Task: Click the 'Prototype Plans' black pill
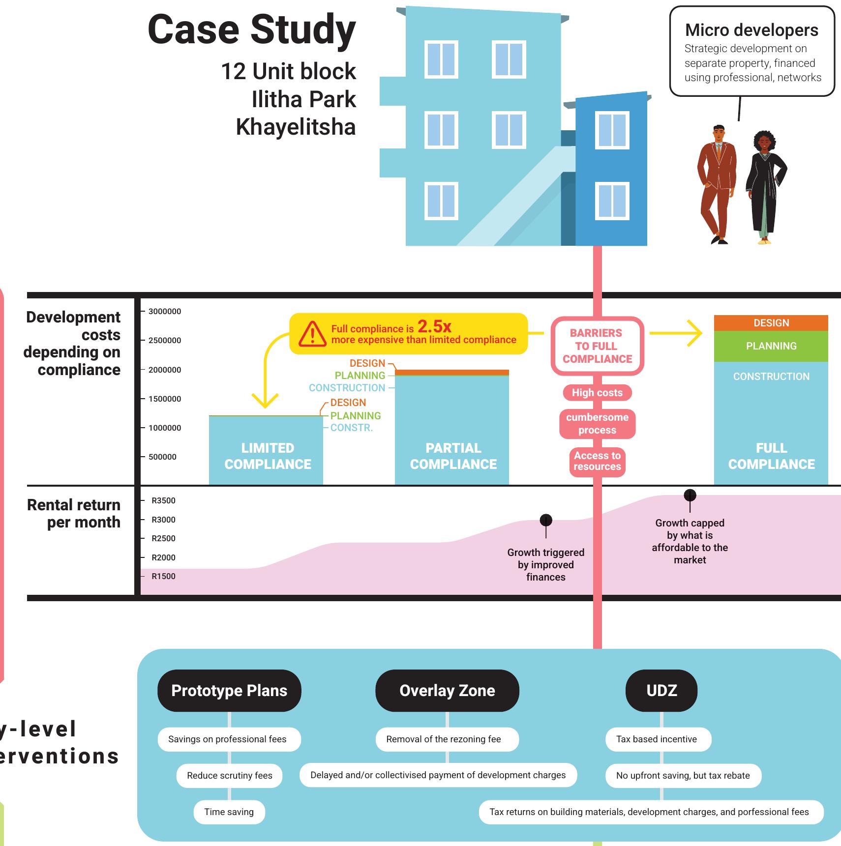[x=229, y=691]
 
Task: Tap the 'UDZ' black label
[x=661, y=691]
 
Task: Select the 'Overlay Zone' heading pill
[x=447, y=691]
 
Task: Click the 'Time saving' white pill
[x=229, y=812]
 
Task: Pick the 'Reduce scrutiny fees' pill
[x=229, y=775]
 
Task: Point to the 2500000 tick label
[x=164, y=340]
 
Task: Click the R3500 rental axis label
[x=163, y=500]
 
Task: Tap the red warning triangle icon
[x=312, y=334]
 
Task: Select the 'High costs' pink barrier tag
[x=597, y=393]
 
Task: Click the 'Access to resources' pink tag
[x=597, y=461]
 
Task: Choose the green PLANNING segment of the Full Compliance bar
[x=771, y=346]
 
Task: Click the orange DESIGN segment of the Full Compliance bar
[x=771, y=323]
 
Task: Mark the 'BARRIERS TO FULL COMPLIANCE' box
[x=597, y=346]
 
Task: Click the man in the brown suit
[x=718, y=182]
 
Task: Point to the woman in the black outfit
[x=764, y=184]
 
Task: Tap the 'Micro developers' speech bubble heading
[x=751, y=30]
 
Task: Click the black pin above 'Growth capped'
[x=690, y=495]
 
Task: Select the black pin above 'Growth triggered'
[x=546, y=520]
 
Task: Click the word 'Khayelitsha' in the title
[x=296, y=127]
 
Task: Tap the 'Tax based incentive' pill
[x=657, y=739]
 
